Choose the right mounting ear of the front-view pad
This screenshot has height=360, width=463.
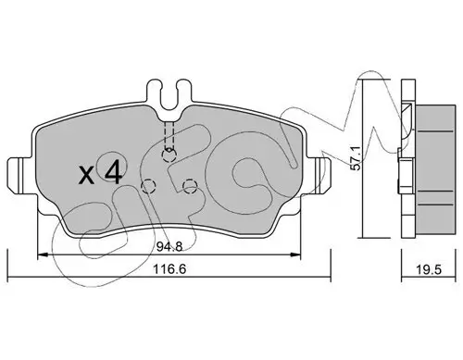pos(321,171)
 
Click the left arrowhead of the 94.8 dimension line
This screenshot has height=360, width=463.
pos(40,254)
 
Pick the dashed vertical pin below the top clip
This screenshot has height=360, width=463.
pos(168,137)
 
